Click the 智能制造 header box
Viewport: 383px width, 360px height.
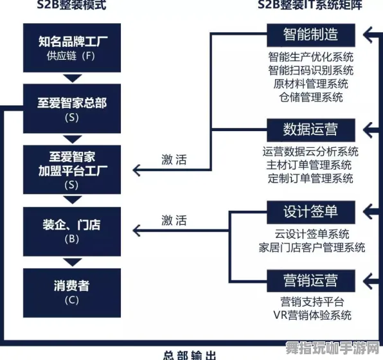310,33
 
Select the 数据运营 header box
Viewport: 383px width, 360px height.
310,129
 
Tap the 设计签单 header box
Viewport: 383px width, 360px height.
310,211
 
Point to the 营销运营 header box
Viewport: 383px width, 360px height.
310,280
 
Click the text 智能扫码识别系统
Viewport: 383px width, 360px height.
311,70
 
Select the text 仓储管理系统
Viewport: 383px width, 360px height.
311,98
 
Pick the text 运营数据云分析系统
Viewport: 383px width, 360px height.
311,152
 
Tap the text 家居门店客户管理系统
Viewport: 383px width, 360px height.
312,247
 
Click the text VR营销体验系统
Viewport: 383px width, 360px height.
312,315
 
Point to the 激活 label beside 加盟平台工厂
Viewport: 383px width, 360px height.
174,160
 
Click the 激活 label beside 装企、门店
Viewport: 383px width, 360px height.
174,221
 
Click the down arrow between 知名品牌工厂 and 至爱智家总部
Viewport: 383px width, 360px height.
72,78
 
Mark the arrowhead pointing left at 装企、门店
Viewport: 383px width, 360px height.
137,230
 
